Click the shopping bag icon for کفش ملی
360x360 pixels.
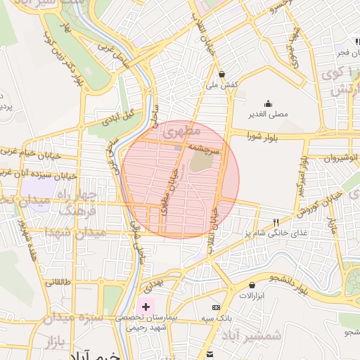click(x=222, y=74)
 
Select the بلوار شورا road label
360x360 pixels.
click(x=266, y=138)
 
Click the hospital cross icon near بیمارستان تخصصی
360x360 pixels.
click(x=146, y=307)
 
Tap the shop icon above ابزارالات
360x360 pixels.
click(x=252, y=285)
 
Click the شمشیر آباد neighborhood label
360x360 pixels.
click(x=252, y=335)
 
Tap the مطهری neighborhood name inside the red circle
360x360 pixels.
click(x=181, y=131)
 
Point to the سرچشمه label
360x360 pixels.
click(x=205, y=150)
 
